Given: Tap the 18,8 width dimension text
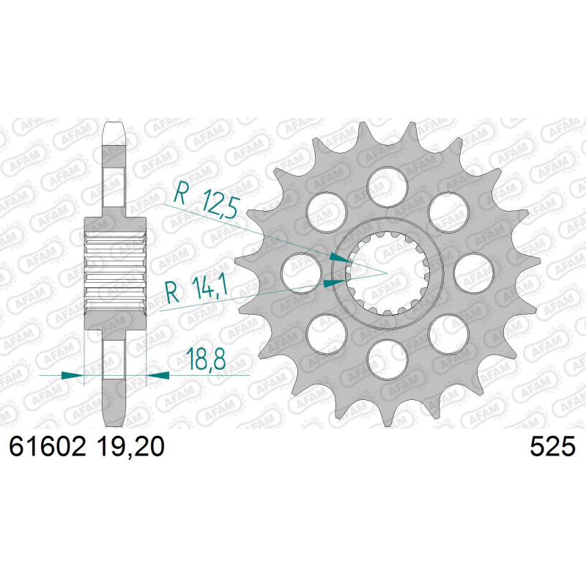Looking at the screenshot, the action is pyautogui.click(x=206, y=359).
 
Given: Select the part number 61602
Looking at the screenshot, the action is pyautogui.click(x=48, y=446).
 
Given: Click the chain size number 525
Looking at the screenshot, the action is pyautogui.click(x=552, y=446).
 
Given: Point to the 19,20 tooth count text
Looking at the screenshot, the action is pyautogui.click(x=130, y=446).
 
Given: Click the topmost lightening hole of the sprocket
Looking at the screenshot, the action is pyautogui.click(x=387, y=188).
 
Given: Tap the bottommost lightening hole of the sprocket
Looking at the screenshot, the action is pyautogui.click(x=387, y=359).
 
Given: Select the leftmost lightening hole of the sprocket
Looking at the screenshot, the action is pyautogui.click(x=302, y=273).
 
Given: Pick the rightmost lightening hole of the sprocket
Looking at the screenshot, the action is pyautogui.click(x=473, y=273).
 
